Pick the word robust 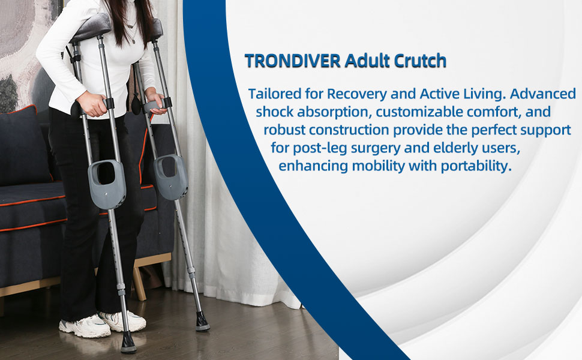[x=283, y=130]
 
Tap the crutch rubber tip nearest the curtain [x=202, y=323]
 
